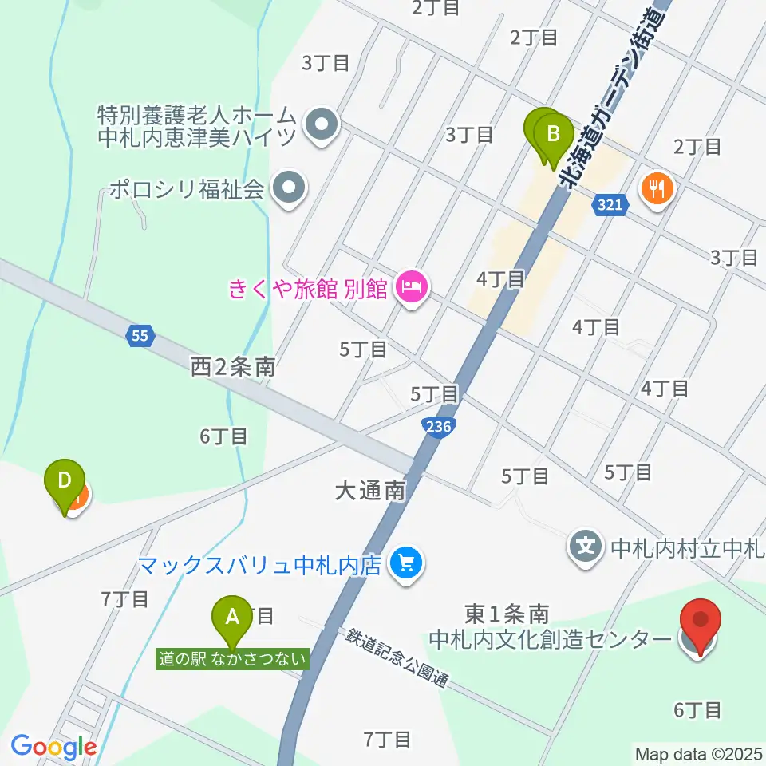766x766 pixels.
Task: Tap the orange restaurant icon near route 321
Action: [657, 189]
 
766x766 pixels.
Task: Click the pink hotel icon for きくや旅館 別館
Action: [412, 286]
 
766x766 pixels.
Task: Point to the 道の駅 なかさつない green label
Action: [232, 659]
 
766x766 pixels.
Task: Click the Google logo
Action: [53, 747]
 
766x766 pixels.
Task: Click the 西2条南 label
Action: [233, 367]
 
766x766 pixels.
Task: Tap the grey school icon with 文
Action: [586, 547]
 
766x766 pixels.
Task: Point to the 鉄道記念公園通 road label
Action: [397, 659]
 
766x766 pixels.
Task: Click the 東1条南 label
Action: [507, 614]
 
